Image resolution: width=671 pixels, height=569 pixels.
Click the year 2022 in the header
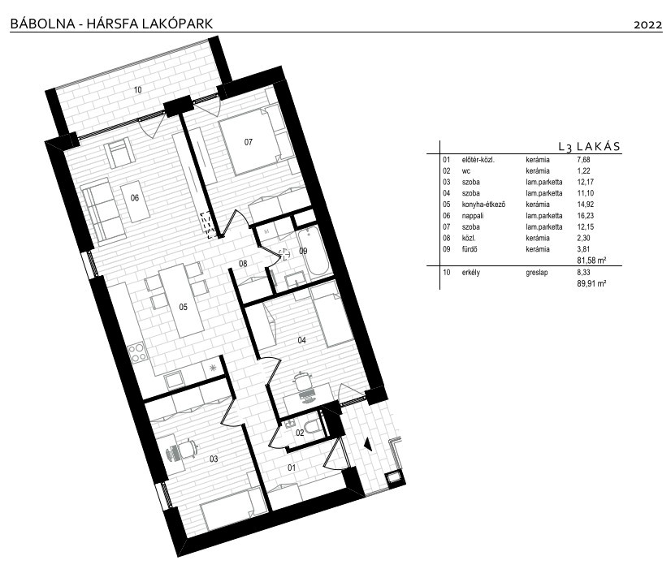647,25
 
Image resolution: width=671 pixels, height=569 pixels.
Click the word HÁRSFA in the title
112,23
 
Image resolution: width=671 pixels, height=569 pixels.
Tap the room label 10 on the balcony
137,90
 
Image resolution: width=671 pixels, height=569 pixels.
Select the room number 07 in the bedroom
249,142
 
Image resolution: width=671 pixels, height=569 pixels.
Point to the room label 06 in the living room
135,197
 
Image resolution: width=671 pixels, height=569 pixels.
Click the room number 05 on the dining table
183,307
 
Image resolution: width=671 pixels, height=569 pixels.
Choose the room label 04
301,340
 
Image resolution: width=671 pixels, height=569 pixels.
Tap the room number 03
214,459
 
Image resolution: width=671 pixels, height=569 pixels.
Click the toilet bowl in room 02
314,426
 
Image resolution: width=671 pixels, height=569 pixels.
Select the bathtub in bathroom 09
314,252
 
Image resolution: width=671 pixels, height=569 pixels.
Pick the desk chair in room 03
184,450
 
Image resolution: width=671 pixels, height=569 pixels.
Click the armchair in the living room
118,153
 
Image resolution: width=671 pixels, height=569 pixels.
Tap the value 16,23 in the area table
586,215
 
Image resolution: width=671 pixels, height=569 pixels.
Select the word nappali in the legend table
473,215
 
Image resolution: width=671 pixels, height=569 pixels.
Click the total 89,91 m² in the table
592,283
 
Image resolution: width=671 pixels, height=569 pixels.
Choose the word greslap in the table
537,272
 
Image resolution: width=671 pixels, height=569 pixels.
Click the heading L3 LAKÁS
589,147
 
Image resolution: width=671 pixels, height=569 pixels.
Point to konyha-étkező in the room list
483,205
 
